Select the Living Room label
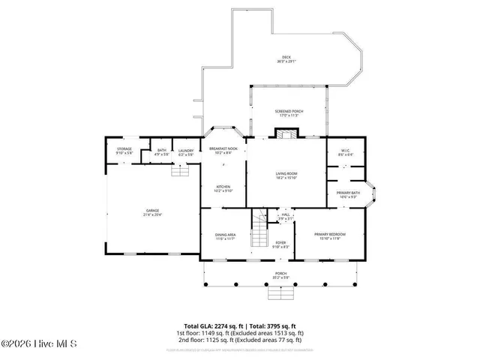coord(286,175)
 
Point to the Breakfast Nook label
coord(223,150)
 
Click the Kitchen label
coord(223,188)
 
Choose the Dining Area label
coord(226,236)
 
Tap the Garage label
coord(152,212)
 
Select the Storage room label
coord(124,151)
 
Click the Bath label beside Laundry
coord(162,152)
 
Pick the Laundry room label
coord(186,152)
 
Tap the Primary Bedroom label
coord(330,236)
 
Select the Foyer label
coord(280,244)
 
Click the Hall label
coord(285,217)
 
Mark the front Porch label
coord(280,274)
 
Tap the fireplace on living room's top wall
coord(285,135)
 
